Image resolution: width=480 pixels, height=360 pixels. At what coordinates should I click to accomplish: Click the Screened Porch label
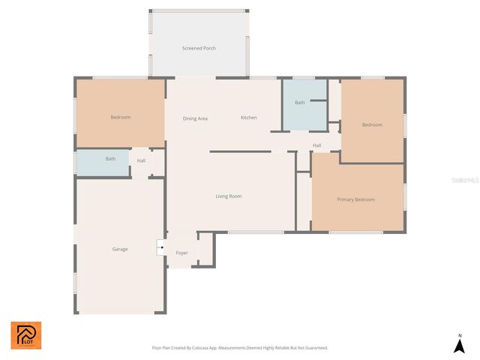tap(199, 48)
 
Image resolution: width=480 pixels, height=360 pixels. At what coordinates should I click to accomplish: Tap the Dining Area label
tap(195, 118)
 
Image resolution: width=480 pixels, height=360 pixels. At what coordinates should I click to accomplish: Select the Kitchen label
tap(248, 118)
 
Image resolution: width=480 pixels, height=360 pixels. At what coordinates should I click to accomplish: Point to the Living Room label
tap(229, 196)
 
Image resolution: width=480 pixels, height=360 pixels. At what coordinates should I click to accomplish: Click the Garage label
tap(120, 249)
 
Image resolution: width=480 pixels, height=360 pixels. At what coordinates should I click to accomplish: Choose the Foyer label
tap(181, 253)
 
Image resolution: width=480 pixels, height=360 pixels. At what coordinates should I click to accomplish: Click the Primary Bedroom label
tap(355, 199)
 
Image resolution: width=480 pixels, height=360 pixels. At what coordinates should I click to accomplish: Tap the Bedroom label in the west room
tap(121, 117)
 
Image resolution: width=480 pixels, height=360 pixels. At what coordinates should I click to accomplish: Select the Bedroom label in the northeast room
tap(372, 124)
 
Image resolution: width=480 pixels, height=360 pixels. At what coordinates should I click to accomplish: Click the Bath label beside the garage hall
tap(110, 159)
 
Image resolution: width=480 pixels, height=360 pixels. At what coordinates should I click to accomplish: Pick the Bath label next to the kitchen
tap(300, 103)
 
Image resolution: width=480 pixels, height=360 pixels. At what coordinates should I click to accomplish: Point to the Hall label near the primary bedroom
tap(316, 145)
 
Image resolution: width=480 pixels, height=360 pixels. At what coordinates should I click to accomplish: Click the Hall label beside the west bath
tap(141, 160)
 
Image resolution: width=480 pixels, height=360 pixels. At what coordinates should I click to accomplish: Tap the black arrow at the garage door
tap(160, 247)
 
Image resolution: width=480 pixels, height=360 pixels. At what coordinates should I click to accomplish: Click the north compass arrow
tap(460, 346)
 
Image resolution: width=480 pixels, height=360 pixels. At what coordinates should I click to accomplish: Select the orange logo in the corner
tap(25, 335)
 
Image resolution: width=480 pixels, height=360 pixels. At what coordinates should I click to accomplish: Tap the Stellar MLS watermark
tap(465, 180)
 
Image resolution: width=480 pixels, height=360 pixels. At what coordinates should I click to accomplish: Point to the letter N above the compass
tap(460, 335)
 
